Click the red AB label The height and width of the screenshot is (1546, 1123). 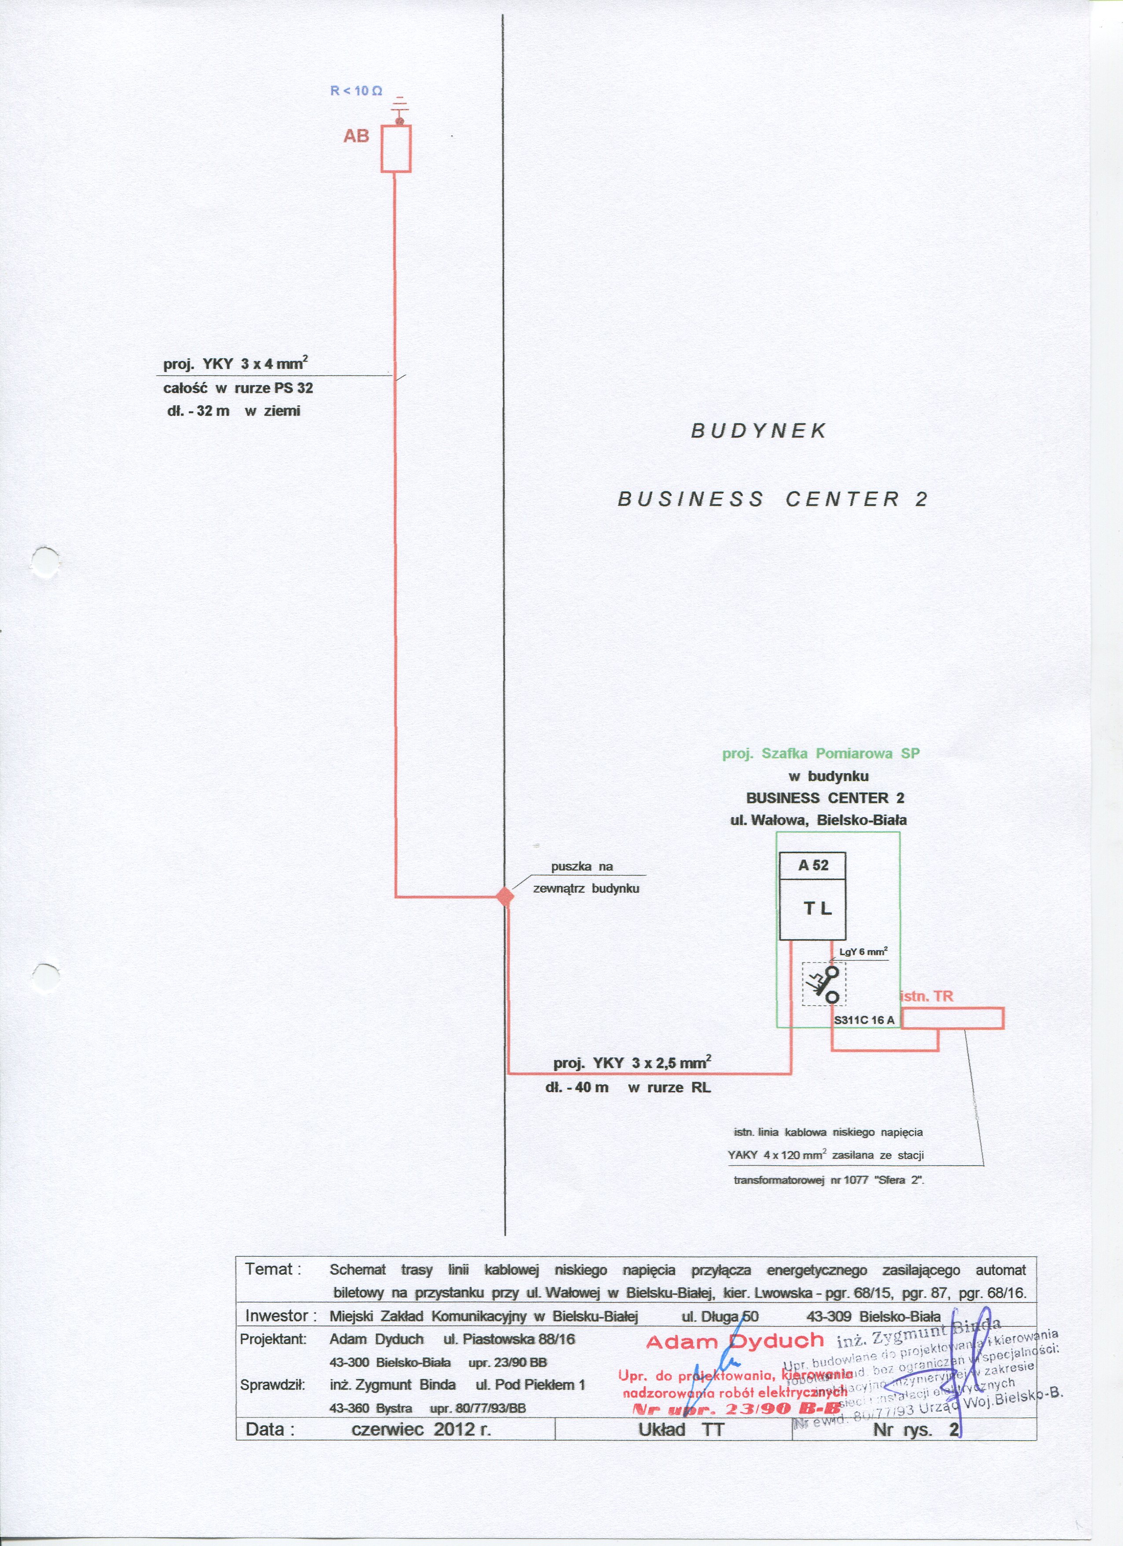[356, 136]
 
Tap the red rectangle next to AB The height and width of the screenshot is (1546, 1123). [395, 148]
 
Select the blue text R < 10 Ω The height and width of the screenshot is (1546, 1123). [356, 91]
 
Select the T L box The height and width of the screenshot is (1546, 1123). [812, 908]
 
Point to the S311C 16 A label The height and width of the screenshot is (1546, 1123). [864, 1020]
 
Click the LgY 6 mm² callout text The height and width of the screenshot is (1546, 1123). [863, 952]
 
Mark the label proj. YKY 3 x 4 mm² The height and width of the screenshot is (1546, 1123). [236, 363]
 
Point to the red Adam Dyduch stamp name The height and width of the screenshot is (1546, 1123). [735, 1342]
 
